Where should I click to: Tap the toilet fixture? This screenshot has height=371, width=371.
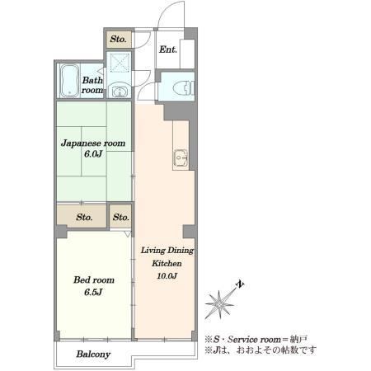coord(183,88)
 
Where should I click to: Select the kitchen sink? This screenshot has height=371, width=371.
coord(181,158)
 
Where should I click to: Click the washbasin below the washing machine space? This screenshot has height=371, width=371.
coord(120,91)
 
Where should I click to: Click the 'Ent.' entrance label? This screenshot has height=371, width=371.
coord(168,49)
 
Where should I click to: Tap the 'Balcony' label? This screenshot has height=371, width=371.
coord(93,355)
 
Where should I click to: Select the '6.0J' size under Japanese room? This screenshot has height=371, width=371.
coord(93,154)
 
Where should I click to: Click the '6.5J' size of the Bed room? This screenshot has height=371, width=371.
coord(93,292)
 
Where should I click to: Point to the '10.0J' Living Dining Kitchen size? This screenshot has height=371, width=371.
coord(167,275)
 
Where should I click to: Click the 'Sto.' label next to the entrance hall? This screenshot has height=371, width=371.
coord(118,39)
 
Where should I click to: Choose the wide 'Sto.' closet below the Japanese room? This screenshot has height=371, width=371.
coord(84,218)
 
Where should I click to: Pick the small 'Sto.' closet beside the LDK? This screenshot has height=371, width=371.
coord(120,218)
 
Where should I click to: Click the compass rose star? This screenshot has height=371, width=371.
coord(220,304)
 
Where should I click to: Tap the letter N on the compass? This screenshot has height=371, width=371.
coord(241,284)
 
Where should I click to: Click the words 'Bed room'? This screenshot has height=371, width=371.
coord(94,280)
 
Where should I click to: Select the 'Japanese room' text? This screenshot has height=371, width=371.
coord(93,143)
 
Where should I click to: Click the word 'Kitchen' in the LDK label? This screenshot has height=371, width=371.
coord(167,263)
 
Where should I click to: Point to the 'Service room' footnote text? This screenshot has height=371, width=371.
coord(254,340)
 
